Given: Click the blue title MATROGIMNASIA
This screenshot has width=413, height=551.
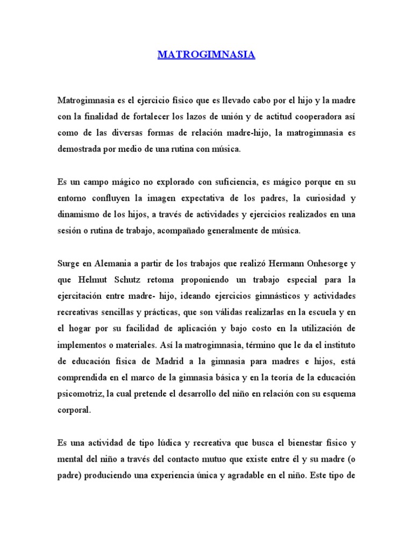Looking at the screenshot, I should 206,55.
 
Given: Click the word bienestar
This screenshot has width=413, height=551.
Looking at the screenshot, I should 302,443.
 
